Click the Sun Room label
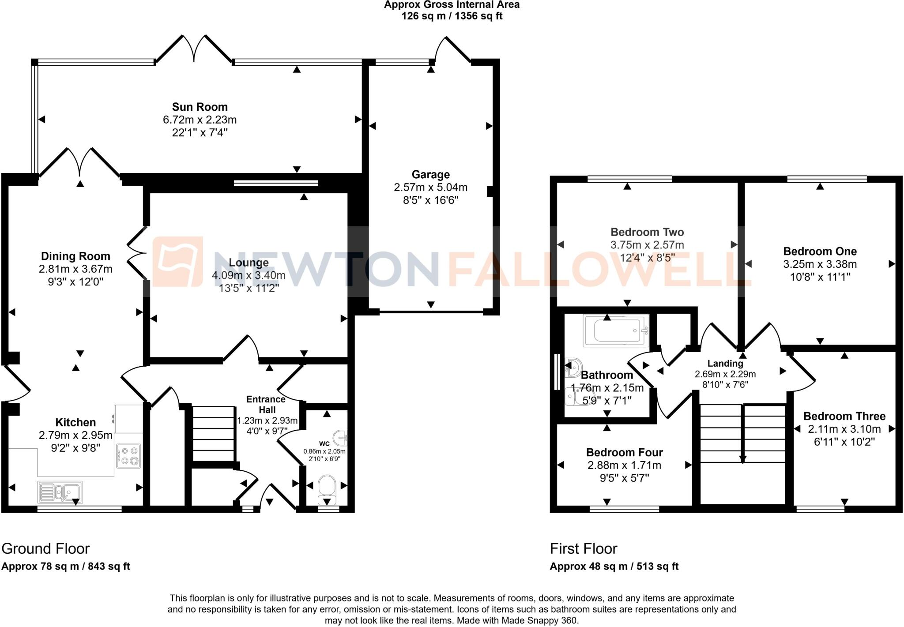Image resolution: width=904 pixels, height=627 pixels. [x=200, y=107]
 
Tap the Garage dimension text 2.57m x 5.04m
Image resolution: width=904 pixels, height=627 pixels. [x=430, y=187]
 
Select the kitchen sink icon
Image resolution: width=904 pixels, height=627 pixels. [x=60, y=492]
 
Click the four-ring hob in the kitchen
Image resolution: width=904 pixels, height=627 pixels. [x=128, y=456]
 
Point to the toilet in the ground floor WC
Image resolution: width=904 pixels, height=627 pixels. [x=327, y=489]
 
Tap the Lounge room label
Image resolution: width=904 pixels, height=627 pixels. [x=249, y=263]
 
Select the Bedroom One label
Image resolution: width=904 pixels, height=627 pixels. [x=820, y=251]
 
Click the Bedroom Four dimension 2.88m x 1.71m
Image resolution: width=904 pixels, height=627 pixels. [x=624, y=465]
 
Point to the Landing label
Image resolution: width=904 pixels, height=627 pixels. [x=725, y=364]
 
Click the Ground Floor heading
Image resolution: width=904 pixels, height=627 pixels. [x=45, y=548]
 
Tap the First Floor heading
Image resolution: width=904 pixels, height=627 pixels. [x=583, y=548]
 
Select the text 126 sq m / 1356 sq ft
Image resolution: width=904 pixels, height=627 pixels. [x=452, y=16]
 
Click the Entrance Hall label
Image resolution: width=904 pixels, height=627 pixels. [x=266, y=404]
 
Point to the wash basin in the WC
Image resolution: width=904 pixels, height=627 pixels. [x=341, y=438]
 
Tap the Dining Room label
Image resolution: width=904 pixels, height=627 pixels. [x=75, y=256]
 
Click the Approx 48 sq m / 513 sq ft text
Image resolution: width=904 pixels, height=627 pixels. [x=614, y=566]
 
